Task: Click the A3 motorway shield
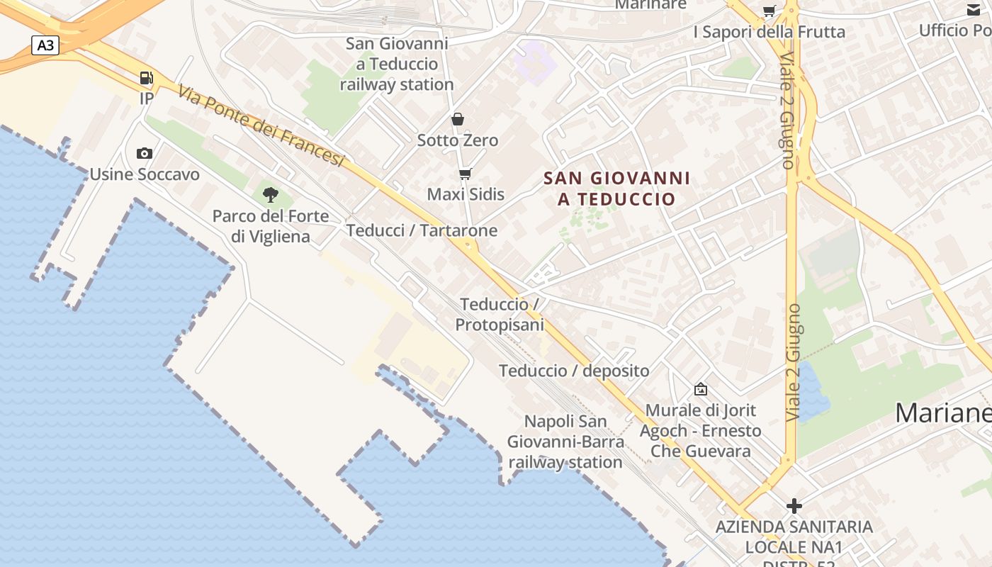[45, 46]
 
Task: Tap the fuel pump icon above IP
[146, 78]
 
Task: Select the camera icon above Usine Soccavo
[145, 153]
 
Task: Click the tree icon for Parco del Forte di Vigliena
[270, 194]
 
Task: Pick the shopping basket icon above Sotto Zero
[458, 119]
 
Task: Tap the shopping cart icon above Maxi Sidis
[466, 174]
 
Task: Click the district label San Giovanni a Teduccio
[616, 189]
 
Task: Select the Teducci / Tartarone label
[422, 230]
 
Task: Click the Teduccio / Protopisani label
[500, 315]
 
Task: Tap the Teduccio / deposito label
[574, 371]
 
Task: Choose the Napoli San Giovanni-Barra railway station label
[566, 442]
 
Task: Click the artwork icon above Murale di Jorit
[701, 389]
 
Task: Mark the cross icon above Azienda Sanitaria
[794, 506]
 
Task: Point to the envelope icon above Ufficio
[974, 11]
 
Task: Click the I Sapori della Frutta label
[769, 32]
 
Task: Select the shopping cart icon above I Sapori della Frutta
[769, 11]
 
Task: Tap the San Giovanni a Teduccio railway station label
[397, 64]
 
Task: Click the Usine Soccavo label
[145, 174]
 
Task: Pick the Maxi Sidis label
[466, 194]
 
